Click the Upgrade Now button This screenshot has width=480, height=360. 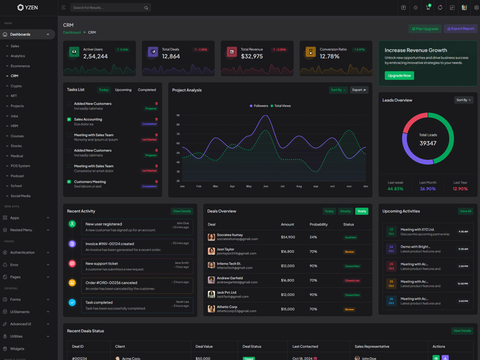399,76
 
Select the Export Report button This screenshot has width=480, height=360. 461,29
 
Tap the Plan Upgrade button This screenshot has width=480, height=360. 425,29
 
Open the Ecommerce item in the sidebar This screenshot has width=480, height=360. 20,66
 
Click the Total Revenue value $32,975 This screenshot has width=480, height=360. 252,56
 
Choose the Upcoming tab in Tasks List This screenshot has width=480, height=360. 123,90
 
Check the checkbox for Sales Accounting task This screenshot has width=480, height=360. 69,119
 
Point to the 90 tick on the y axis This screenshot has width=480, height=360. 178,116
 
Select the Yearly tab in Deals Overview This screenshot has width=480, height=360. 361,211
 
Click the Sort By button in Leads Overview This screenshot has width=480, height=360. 464,100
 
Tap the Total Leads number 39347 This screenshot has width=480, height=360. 428,143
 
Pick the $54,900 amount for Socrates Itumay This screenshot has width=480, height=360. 288,237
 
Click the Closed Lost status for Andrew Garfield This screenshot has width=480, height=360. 352,280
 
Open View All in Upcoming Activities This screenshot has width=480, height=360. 465,211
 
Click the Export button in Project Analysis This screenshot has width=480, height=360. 359,90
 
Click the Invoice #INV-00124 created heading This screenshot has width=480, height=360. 110,244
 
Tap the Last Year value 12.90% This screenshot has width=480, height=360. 460,188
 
